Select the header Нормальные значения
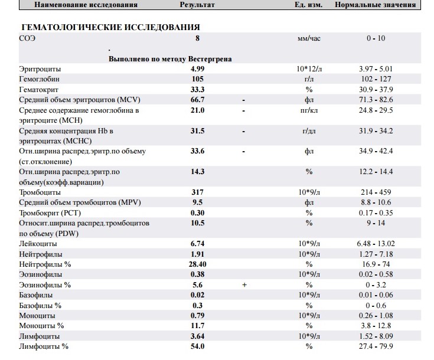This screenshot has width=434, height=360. (375, 5)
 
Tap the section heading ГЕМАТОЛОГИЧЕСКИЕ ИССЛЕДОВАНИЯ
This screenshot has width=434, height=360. (110, 27)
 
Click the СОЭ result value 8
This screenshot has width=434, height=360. (197, 38)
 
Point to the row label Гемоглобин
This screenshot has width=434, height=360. (39, 78)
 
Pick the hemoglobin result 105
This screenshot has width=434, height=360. (197, 78)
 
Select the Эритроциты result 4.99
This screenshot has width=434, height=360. (197, 69)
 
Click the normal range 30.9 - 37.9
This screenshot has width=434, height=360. (376, 89)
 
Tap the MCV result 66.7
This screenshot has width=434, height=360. (197, 100)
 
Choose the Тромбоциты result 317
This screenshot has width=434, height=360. (197, 192)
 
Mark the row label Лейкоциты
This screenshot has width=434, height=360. (38, 243)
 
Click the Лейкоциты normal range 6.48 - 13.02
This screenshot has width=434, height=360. (376, 243)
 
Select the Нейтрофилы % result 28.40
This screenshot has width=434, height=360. (197, 263)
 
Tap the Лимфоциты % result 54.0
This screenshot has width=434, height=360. (197, 346)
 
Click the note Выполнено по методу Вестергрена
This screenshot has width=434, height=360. (170, 59)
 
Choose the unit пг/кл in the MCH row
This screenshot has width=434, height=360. (308, 110)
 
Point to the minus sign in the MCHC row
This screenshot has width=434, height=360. (243, 130)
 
